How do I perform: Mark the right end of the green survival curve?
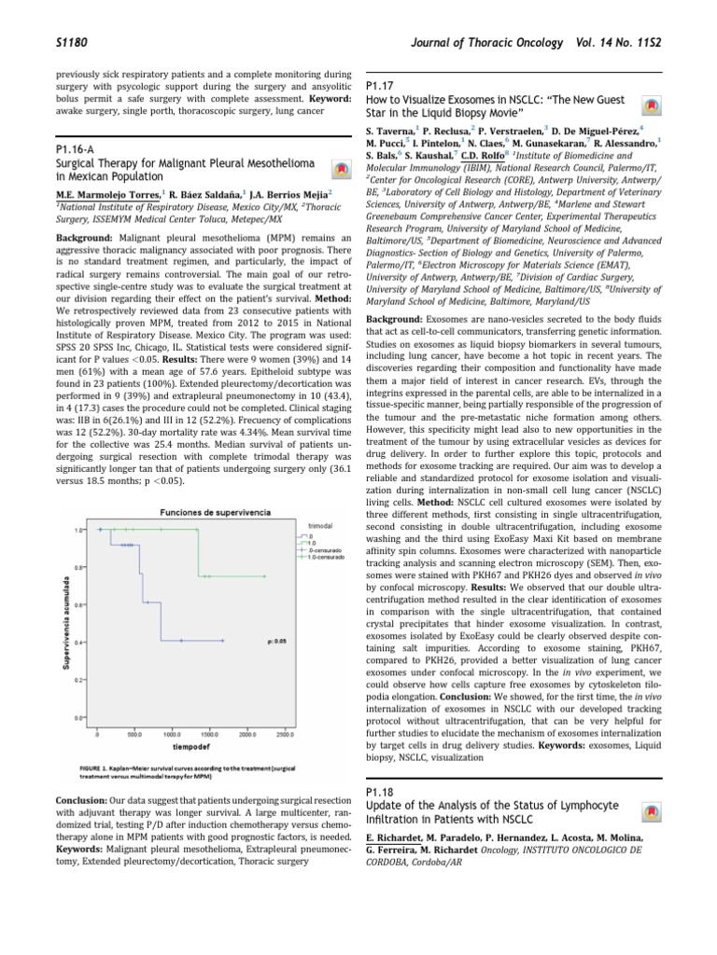click(266, 576)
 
